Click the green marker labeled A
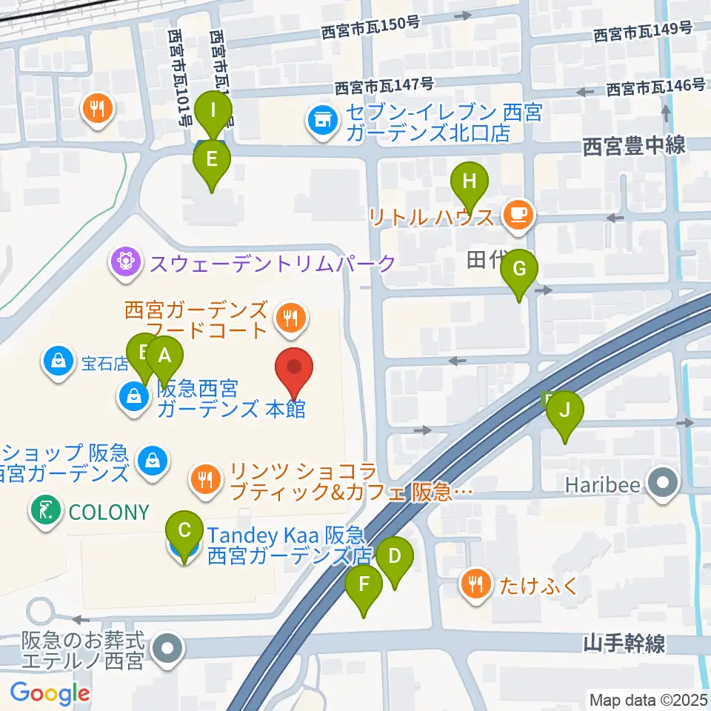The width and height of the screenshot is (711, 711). coord(164,356)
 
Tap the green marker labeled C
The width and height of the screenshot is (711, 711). coord(185,531)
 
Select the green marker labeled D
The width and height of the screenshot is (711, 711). coord(395,556)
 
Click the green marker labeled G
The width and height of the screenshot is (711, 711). coord(519,270)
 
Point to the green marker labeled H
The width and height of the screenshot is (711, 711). coord(470,182)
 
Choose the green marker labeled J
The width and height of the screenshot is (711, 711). coord(565,411)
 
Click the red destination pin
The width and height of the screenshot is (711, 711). coord(295,368)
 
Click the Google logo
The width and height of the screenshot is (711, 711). coord(50,693)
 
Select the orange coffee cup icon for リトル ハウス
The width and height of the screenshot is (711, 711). coord(516,214)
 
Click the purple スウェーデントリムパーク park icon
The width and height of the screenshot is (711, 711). coord(127,262)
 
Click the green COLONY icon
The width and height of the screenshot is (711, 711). coord(45,511)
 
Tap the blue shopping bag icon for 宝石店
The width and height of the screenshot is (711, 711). coord(57,362)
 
